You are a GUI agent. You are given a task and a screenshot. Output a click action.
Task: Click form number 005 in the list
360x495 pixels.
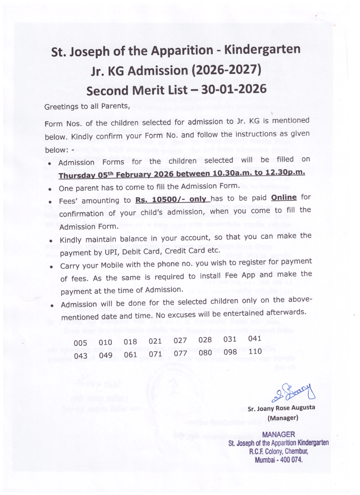[x=80, y=343]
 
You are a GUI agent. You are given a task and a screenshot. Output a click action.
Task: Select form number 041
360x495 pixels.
[x=255, y=338]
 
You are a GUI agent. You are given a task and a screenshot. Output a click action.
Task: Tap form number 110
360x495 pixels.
[x=255, y=351]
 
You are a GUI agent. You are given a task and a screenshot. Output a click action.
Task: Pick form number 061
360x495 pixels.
[x=130, y=355]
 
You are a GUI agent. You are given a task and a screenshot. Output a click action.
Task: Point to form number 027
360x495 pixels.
[x=180, y=340]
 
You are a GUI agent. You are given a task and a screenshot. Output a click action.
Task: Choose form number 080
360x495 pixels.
[x=205, y=352]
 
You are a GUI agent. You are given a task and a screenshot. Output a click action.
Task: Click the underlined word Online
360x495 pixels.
[x=284, y=197]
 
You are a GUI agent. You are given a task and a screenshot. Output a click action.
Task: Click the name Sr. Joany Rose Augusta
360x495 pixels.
[x=281, y=408]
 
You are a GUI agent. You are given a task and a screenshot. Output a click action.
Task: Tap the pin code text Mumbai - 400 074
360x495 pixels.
[x=279, y=460]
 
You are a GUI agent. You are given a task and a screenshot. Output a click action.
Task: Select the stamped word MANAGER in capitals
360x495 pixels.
[x=279, y=434]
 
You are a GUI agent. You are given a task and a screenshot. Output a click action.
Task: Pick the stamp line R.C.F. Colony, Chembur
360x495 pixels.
[x=278, y=452]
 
